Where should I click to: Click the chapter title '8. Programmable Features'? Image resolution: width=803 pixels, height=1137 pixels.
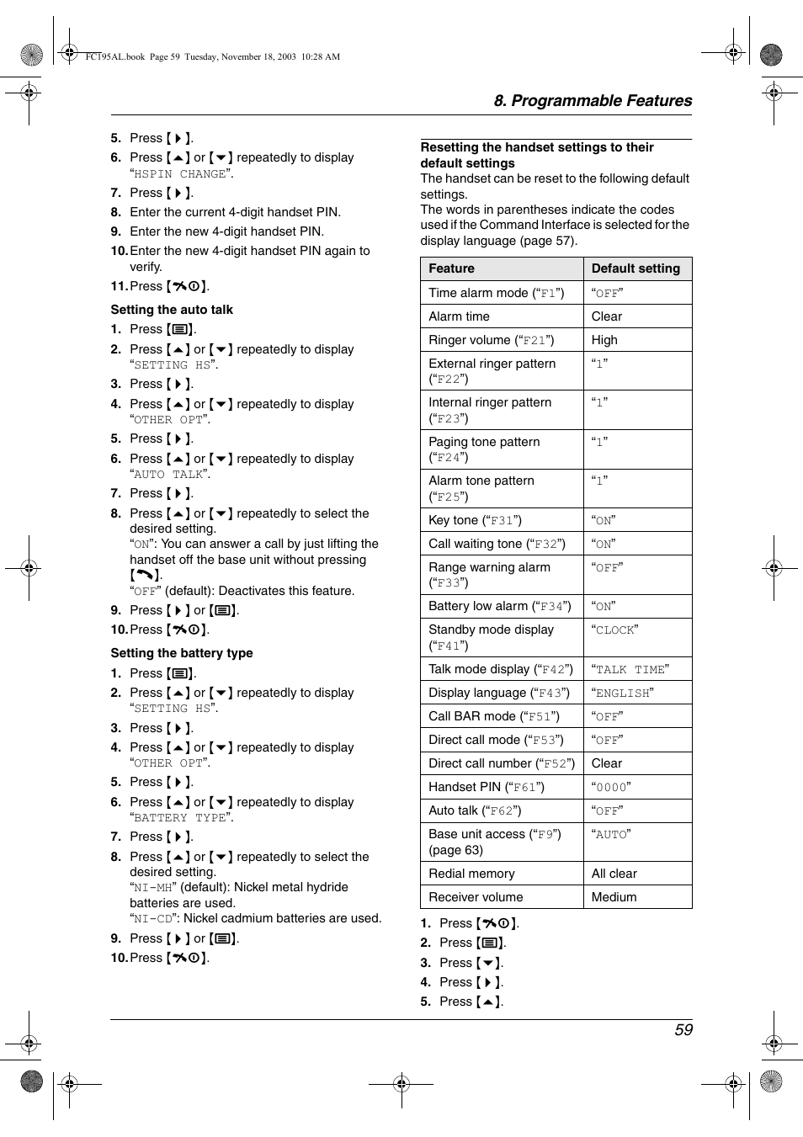[x=592, y=101]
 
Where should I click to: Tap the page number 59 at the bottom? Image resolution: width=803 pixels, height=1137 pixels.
[x=683, y=1030]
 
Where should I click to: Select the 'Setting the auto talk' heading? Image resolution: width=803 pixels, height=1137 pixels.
[x=172, y=310]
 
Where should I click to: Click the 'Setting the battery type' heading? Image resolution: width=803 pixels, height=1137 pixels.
[x=181, y=653]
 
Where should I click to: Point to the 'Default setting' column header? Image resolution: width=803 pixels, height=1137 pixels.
[x=635, y=268]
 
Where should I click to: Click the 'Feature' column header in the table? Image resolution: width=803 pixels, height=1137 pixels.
[x=451, y=268]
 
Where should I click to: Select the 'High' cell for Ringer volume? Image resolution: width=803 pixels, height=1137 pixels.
[x=604, y=340]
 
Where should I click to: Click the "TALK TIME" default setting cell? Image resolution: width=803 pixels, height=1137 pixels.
[x=630, y=669]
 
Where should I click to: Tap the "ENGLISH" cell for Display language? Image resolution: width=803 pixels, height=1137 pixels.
[x=622, y=693]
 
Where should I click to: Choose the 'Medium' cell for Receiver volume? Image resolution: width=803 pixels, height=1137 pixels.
[x=614, y=897]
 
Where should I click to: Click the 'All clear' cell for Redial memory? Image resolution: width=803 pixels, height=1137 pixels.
[x=614, y=874]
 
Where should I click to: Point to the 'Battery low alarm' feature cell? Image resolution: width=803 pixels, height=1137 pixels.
[x=499, y=606]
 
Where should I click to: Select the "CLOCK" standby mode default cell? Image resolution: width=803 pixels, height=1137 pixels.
[x=614, y=630]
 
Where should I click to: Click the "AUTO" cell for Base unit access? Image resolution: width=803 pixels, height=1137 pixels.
[x=610, y=834]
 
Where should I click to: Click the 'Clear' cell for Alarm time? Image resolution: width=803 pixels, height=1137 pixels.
[x=606, y=316]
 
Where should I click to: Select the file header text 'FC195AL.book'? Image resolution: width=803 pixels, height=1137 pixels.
[x=114, y=57]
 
